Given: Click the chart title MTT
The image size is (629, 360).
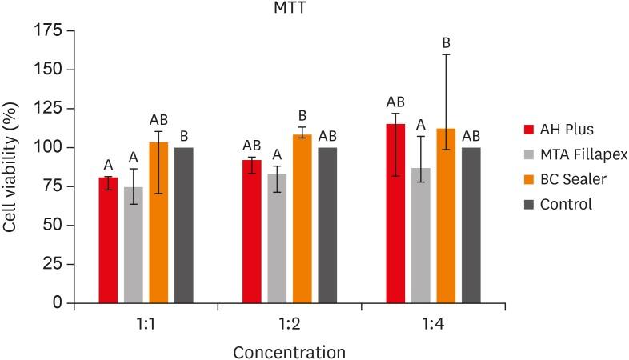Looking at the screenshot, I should (x=289, y=9).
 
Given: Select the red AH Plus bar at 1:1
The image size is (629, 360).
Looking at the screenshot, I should (x=108, y=240).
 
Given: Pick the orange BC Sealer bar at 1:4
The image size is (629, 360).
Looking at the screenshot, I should (x=446, y=216).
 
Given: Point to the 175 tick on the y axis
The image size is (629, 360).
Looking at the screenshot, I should (x=47, y=30).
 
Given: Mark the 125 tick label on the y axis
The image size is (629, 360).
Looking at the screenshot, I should (x=48, y=108).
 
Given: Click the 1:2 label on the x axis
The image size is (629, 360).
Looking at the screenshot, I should (x=290, y=325).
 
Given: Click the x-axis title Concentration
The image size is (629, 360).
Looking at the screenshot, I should (x=289, y=351).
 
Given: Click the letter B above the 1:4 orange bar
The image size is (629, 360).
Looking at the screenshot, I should (x=447, y=42).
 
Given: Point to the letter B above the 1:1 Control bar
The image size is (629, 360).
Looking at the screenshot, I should (x=184, y=134).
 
